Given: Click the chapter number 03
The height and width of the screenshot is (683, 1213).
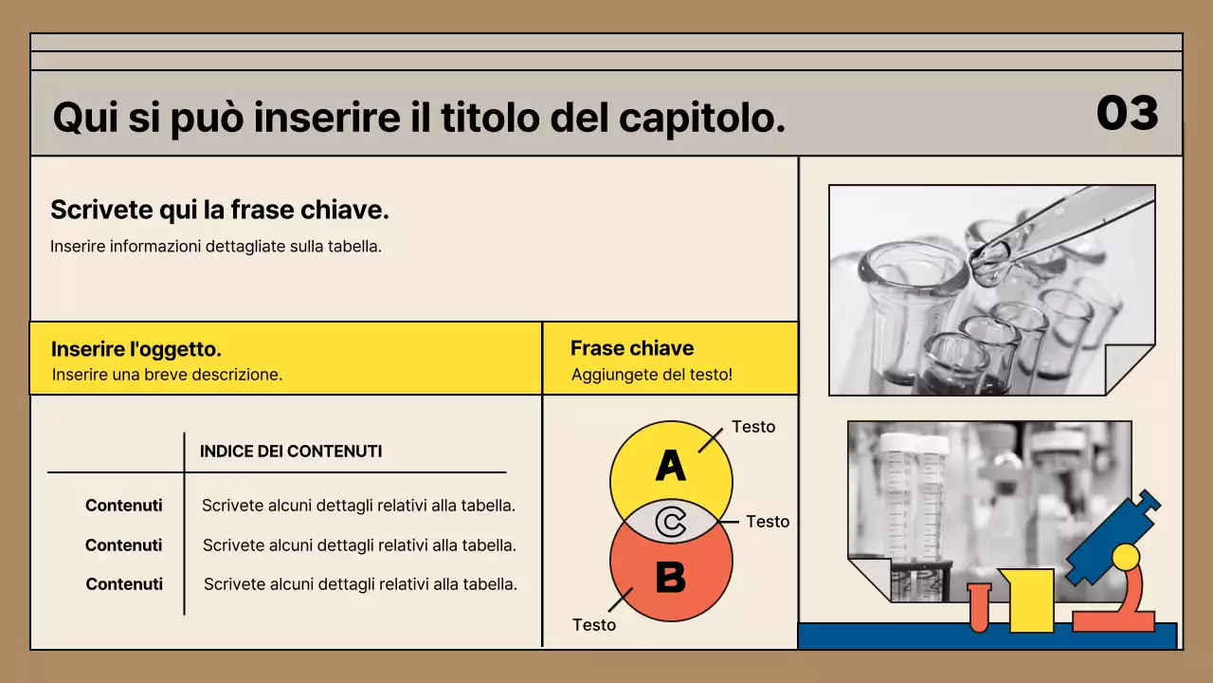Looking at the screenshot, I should pos(1127,113).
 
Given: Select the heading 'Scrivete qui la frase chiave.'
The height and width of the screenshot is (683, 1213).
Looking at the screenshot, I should pos(220,210).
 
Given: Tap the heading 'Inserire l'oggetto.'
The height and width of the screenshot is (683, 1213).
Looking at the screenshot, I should pos(136,349).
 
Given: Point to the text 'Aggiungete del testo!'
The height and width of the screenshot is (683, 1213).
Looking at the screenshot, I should pos(652,375).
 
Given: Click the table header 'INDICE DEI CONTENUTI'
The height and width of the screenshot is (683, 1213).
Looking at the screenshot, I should pos(291,452).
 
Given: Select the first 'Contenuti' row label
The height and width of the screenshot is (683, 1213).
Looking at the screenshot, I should pos(123,506).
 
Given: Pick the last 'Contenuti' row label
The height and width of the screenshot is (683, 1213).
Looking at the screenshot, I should pos(124,584).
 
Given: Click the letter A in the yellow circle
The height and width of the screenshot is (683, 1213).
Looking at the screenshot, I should pos(670,466).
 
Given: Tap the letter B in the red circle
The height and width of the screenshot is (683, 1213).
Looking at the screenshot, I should pos(671,577).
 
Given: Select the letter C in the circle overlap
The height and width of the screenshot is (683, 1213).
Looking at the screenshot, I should pos(671,523).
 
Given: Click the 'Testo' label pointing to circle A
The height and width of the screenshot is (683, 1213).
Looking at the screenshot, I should pos(753,427).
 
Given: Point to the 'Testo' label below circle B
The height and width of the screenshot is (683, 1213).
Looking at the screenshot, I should pos(594,625).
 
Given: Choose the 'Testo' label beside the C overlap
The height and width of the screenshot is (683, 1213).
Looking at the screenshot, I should pos(768,522).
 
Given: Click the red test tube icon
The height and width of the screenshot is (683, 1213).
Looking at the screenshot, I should pos(979,607).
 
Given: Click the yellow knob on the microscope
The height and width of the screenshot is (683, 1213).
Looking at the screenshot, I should pos(1125,556).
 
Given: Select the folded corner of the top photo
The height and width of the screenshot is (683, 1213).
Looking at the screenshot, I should pos(1132,371).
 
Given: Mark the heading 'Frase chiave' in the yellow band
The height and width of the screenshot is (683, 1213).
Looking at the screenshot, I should pos(632,348).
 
